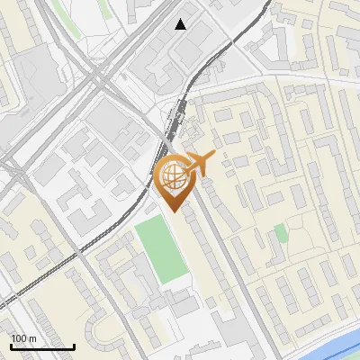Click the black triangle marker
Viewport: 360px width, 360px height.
pos(181,24)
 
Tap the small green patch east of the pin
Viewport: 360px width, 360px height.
pos(281,234)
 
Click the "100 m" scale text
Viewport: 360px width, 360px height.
pos(23,338)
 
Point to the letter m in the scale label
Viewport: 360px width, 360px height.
pos(32,338)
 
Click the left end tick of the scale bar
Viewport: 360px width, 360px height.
pos(10,346)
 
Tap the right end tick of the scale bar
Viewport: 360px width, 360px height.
pos(74,346)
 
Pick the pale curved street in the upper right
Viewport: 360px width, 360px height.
pos(297,81)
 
